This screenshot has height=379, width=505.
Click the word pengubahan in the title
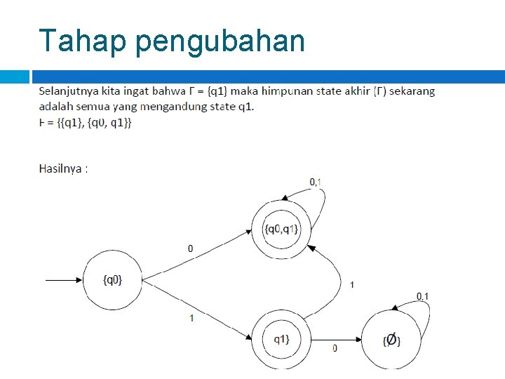pyautogui.click(x=220, y=42)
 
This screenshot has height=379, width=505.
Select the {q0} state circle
pyautogui.click(x=112, y=280)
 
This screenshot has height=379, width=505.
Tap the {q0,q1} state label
pyautogui.click(x=281, y=229)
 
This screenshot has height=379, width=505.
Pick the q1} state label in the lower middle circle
pyautogui.click(x=281, y=340)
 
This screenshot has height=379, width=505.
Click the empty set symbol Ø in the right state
pyautogui.click(x=392, y=340)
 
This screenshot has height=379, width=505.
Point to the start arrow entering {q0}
pyautogui.click(x=63, y=280)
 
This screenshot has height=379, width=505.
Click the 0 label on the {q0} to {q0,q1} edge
pyautogui.click(x=191, y=248)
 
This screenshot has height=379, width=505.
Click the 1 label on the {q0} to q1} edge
pyautogui.click(x=192, y=318)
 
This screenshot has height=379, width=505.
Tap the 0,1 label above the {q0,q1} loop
pyautogui.click(x=316, y=182)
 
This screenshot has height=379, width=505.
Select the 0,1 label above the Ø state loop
pyautogui.click(x=422, y=296)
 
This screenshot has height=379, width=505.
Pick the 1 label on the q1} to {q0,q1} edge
pyautogui.click(x=351, y=284)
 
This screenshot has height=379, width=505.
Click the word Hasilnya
pyautogui.click(x=60, y=168)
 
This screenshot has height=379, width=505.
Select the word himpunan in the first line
pyautogui.click(x=289, y=91)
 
